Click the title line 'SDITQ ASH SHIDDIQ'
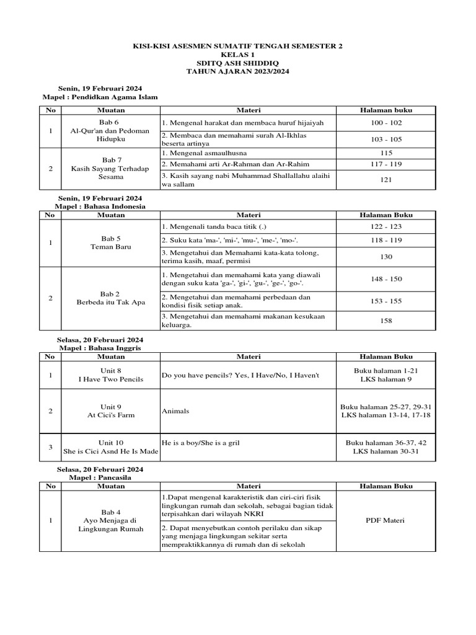[x=238, y=63]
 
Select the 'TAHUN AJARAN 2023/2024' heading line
[x=238, y=72]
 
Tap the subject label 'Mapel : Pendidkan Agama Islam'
[x=100, y=97]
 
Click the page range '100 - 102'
[x=386, y=123]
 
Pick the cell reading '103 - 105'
[x=386, y=140]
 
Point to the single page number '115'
[x=386, y=153]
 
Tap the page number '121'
[x=386, y=180]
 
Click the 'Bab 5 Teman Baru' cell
[x=111, y=242]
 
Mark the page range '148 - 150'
[x=386, y=279]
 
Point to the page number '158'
[x=386, y=321]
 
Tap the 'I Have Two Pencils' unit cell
[x=111, y=375]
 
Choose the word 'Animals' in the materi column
[x=176, y=411]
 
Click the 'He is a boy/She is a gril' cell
[x=200, y=443]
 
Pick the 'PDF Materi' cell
[x=386, y=520]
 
